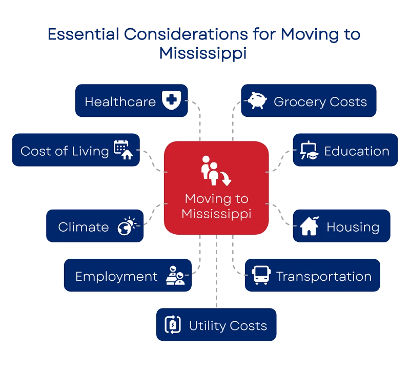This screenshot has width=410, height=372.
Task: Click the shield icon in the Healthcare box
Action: click(x=171, y=100)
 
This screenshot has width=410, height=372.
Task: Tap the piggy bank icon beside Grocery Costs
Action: click(x=257, y=100)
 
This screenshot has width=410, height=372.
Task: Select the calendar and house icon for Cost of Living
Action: click(x=123, y=150)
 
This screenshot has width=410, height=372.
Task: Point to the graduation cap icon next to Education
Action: click(x=310, y=150)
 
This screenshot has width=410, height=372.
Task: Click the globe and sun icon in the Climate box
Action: click(x=127, y=226)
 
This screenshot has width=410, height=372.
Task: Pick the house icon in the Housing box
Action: click(x=310, y=226)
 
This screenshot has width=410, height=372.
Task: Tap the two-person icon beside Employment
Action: click(x=175, y=275)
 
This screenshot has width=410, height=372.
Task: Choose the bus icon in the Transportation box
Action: click(x=261, y=275)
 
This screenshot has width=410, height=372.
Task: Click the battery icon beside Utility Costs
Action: click(x=173, y=325)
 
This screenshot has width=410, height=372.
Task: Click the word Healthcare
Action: click(x=120, y=101)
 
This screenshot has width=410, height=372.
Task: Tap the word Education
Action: click(x=357, y=151)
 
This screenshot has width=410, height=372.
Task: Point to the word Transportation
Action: click(x=324, y=276)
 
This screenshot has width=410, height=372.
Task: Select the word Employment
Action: click(x=117, y=277)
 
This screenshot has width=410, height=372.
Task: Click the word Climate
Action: click(x=84, y=226)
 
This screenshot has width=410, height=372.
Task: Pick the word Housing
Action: click(x=353, y=227)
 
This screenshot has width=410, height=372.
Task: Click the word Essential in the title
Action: click(x=84, y=34)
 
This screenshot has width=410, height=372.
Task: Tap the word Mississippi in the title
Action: click(x=203, y=54)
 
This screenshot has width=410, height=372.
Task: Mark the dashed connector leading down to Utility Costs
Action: click(x=216, y=271)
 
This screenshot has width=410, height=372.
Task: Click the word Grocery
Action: click(x=300, y=102)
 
